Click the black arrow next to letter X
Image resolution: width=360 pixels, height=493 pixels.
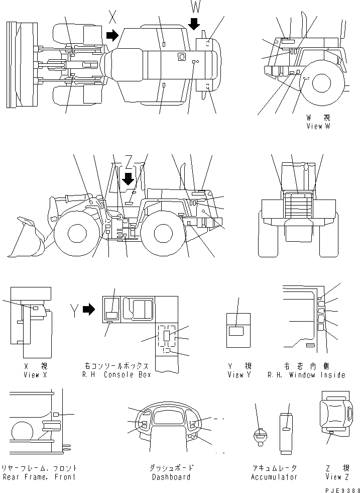click(112, 35)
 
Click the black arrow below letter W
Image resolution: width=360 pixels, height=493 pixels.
click(195, 23)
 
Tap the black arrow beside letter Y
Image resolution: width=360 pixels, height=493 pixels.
click(89, 310)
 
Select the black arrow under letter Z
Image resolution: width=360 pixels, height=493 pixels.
click(128, 178)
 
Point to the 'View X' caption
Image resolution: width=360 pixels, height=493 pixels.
click(35, 375)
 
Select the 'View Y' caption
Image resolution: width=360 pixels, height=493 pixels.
click(239, 375)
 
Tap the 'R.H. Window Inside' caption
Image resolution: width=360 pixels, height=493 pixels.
click(306, 375)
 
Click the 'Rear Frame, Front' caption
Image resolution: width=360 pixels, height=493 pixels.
click(39, 476)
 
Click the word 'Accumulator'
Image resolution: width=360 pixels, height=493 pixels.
click(274, 476)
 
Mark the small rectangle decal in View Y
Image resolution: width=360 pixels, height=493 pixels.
click(235, 331)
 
